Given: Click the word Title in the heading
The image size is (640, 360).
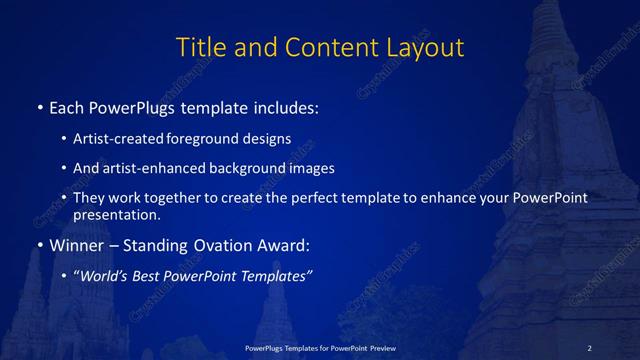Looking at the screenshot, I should pyautogui.click(x=200, y=47).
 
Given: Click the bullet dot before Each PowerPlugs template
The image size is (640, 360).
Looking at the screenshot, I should pyautogui.click(x=39, y=105).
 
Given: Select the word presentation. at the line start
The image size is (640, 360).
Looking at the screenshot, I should pyautogui.click(x=116, y=214).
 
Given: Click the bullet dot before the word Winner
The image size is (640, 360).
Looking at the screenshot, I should pyautogui.click(x=39, y=244).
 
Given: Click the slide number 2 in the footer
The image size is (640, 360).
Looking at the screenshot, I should pyautogui.click(x=590, y=347).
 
